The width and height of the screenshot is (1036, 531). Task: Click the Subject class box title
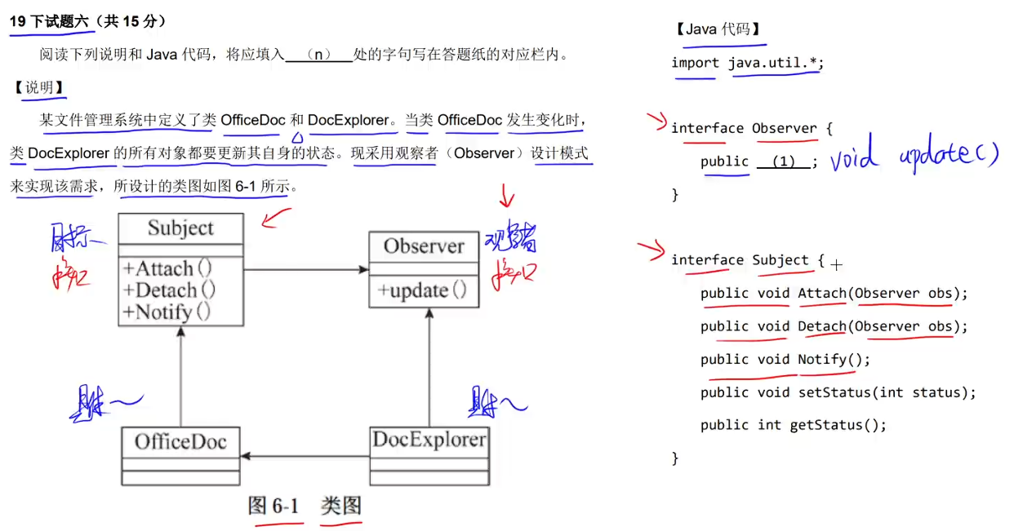pyautogui.click(x=180, y=228)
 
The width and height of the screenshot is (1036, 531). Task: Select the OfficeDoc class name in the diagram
pyautogui.click(x=180, y=442)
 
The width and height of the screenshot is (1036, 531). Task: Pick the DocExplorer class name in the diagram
pyautogui.click(x=429, y=440)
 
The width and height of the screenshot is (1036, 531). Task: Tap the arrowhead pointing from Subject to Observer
pyautogui.click(x=362, y=269)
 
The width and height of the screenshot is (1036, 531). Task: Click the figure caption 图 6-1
pyautogui.click(x=273, y=507)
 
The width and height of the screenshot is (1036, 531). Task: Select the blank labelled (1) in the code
pyautogui.click(x=783, y=162)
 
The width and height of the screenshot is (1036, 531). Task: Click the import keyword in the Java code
pyautogui.click(x=695, y=63)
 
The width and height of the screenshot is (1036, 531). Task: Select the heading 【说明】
pyautogui.click(x=39, y=87)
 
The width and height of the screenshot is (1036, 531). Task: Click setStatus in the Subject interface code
pyautogui.click(x=834, y=392)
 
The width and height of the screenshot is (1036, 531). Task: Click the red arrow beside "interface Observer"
pyautogui.click(x=656, y=122)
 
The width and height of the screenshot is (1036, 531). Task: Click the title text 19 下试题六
pyautogui.click(x=49, y=22)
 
